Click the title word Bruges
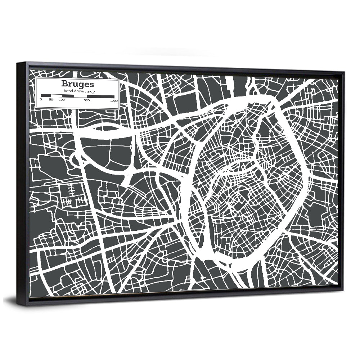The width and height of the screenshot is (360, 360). point(77,84)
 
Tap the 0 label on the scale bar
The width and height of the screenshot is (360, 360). point(41,100)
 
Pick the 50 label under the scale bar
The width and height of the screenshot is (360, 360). point(51,100)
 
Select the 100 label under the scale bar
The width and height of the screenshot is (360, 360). point(62,100)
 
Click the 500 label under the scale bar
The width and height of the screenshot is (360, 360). point(87,100)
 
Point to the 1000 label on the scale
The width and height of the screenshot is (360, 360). point(114,100)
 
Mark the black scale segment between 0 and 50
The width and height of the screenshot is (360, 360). point(46,96)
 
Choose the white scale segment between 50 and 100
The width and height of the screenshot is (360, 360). point(56,96)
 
